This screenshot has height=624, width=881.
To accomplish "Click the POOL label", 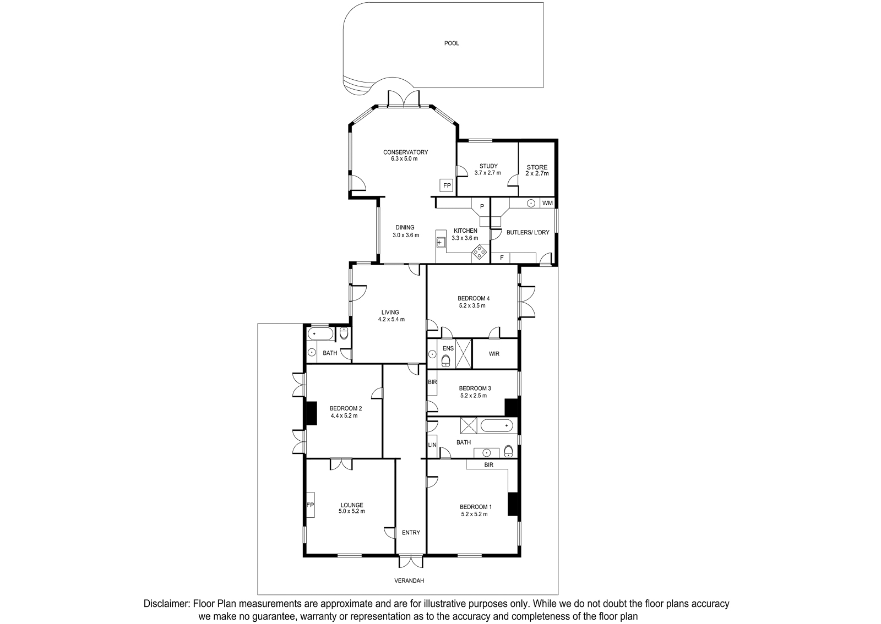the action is [452, 43].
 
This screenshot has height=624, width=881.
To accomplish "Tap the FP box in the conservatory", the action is [447, 185].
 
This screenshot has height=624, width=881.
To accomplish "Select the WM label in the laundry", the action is [547, 203].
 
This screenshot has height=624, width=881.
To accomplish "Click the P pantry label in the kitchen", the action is [482, 206].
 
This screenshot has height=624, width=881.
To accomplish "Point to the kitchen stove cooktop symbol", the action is [480, 252].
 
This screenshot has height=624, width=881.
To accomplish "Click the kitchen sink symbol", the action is [440, 243].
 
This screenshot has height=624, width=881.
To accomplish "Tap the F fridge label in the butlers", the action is [502, 258].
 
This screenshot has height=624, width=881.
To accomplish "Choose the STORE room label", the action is [537, 167].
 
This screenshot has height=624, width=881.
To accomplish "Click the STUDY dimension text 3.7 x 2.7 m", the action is [488, 173].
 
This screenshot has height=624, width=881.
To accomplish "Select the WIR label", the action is [494, 354].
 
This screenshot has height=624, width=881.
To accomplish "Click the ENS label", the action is [448, 348].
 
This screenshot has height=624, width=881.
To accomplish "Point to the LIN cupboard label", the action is [432, 445].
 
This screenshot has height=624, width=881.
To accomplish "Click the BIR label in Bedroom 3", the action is [432, 381].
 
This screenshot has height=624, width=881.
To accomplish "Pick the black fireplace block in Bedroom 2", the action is [312, 413].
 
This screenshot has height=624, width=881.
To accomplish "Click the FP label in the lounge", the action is [310, 505].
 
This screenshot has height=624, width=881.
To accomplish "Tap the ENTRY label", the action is [411, 533].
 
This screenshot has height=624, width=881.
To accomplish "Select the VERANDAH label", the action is [409, 581].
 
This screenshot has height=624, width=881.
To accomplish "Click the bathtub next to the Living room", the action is [320, 334].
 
